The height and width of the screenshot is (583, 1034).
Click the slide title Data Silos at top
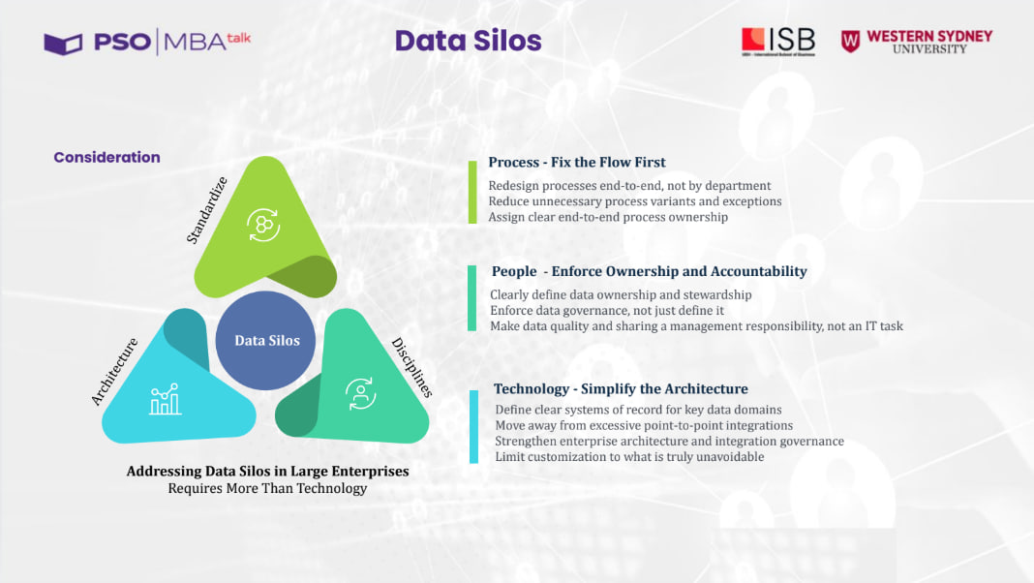(x=468, y=41)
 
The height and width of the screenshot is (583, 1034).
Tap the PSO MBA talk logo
(x=147, y=43)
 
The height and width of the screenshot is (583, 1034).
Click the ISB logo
(x=777, y=41)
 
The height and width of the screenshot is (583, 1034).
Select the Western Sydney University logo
(x=916, y=41)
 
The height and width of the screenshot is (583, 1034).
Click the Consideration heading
(x=106, y=157)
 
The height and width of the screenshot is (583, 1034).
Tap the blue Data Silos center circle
(x=266, y=340)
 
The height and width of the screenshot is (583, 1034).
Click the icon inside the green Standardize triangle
(x=262, y=224)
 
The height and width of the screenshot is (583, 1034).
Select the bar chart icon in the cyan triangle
(x=166, y=399)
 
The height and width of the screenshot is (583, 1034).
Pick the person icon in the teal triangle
(x=361, y=392)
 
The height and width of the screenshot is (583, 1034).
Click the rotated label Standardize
(x=206, y=210)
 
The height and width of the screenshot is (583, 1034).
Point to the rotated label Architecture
(x=114, y=371)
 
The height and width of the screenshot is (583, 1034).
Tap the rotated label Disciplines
(x=411, y=368)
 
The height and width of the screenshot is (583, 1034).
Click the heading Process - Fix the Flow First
(x=576, y=162)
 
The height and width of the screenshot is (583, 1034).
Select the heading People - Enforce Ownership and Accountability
(x=649, y=271)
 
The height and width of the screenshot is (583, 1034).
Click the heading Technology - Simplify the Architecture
(x=621, y=388)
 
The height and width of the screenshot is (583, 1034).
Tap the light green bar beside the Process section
(x=472, y=192)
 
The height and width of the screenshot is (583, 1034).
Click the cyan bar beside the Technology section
(x=473, y=426)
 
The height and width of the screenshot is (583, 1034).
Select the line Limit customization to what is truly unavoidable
(x=629, y=456)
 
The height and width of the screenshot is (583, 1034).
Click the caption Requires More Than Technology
(x=267, y=488)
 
